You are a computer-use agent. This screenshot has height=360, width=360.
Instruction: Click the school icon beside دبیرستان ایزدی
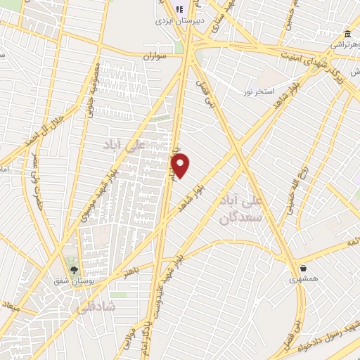tap(179, 9)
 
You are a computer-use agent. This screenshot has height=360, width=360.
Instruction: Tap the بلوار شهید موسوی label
tap(97, 190)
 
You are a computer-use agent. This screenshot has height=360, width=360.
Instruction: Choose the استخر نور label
tap(258, 92)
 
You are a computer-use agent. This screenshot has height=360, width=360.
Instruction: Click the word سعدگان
tap(240, 219)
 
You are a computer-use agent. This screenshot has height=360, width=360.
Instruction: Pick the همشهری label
tap(303, 278)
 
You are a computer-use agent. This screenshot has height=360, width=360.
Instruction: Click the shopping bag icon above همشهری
tap(303, 267)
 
